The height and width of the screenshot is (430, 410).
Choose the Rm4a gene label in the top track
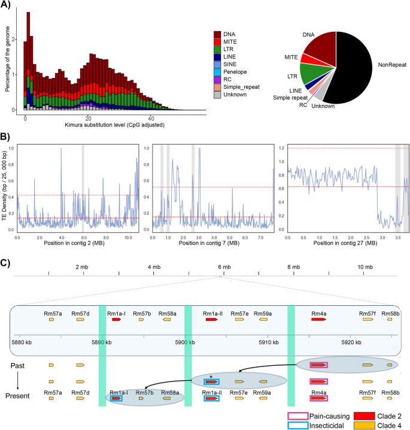click(x=318, y=313)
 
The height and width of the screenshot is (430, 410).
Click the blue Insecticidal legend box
click(x=297, y=425)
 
